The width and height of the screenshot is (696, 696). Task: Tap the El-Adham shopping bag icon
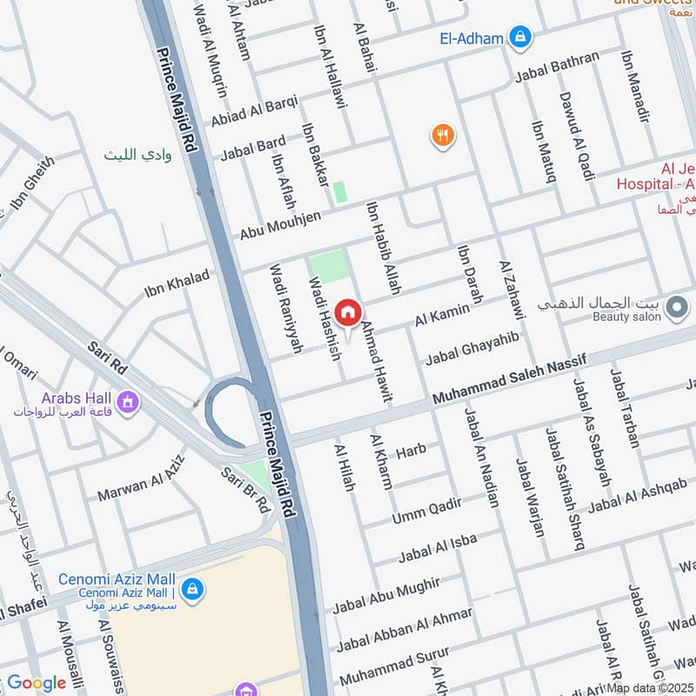[520, 37]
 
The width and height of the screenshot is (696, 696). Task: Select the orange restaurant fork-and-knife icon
[443, 135]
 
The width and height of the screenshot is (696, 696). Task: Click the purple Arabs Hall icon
[129, 402]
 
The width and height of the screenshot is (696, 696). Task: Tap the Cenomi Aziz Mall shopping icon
[193, 589]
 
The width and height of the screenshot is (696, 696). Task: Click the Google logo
[37, 683]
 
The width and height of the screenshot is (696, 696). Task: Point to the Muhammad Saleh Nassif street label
[510, 380]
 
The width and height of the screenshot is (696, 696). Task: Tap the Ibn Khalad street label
[177, 284]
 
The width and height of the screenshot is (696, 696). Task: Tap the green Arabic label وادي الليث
[138, 155]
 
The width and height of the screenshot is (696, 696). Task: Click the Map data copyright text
[650, 687]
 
